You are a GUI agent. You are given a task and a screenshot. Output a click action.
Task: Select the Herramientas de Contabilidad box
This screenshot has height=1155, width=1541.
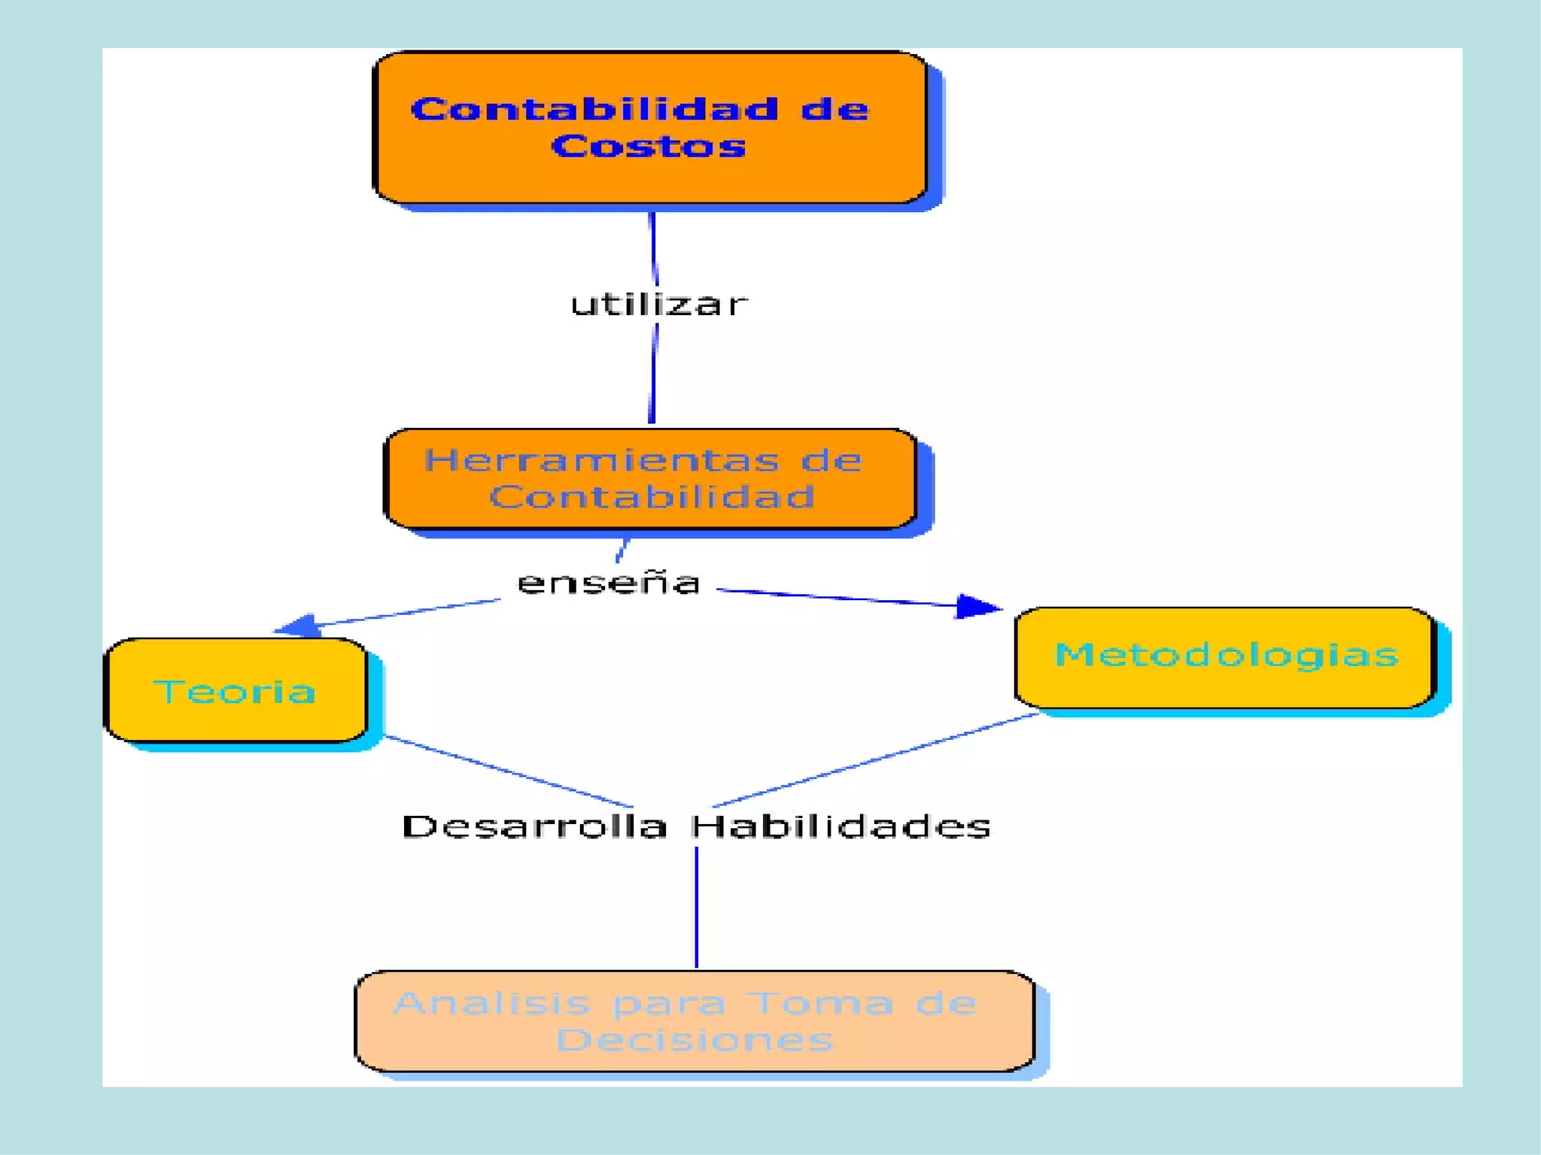coord(649,479)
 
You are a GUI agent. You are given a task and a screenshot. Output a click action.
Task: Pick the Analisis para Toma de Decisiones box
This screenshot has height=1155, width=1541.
coord(695,1021)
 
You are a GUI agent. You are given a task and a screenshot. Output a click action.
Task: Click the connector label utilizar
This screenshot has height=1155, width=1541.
coord(659,305)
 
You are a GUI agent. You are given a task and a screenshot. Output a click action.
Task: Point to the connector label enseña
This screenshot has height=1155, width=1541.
coord(609,584)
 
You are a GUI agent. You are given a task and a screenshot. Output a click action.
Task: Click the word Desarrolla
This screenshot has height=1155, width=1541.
coord(535,826)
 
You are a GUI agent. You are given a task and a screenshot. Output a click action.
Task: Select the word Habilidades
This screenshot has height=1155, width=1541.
coord(840,826)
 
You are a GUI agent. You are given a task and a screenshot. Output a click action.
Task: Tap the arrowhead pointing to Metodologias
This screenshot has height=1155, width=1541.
coord(976,606)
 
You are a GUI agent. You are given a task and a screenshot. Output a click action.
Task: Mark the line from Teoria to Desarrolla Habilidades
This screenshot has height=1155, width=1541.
coord(508,772)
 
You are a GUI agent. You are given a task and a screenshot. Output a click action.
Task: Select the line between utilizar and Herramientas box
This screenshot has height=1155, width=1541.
coord(652,374)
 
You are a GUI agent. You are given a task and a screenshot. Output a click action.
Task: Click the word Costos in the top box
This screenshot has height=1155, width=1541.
coord(648,146)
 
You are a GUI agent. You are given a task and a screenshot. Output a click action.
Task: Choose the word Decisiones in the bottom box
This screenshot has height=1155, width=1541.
coord(695,1040)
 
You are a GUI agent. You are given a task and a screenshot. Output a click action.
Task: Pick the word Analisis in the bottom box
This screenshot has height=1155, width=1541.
coord(492,1003)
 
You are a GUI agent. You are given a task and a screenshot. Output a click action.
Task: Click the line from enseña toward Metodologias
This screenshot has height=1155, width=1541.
coord(835,597)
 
